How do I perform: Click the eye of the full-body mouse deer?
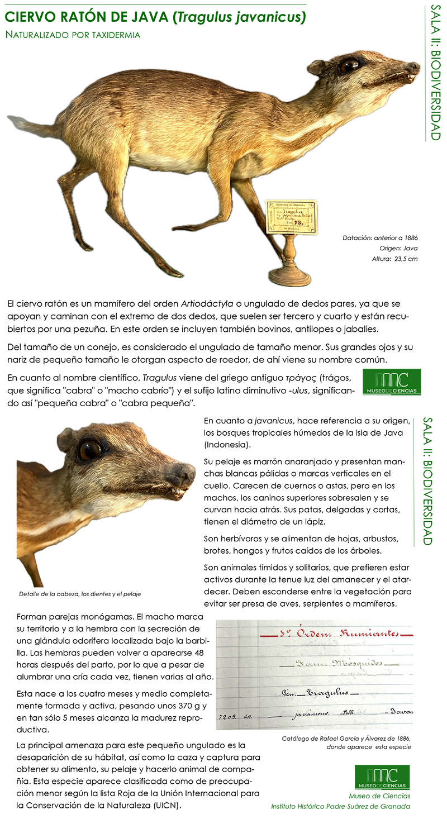pyautogui.click(x=349, y=65)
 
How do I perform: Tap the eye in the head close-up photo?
pyautogui.click(x=89, y=450)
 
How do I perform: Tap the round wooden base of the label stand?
pyautogui.click(x=289, y=276)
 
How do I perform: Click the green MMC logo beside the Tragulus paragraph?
pyautogui.click(x=392, y=382)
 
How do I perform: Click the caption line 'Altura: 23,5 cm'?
pyautogui.click(x=394, y=259)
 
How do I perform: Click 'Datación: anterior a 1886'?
pyautogui.click(x=380, y=238)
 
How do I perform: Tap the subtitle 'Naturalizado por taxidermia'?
pyautogui.click(x=73, y=35)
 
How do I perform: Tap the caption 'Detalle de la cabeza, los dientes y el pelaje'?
pyautogui.click(x=84, y=594)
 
